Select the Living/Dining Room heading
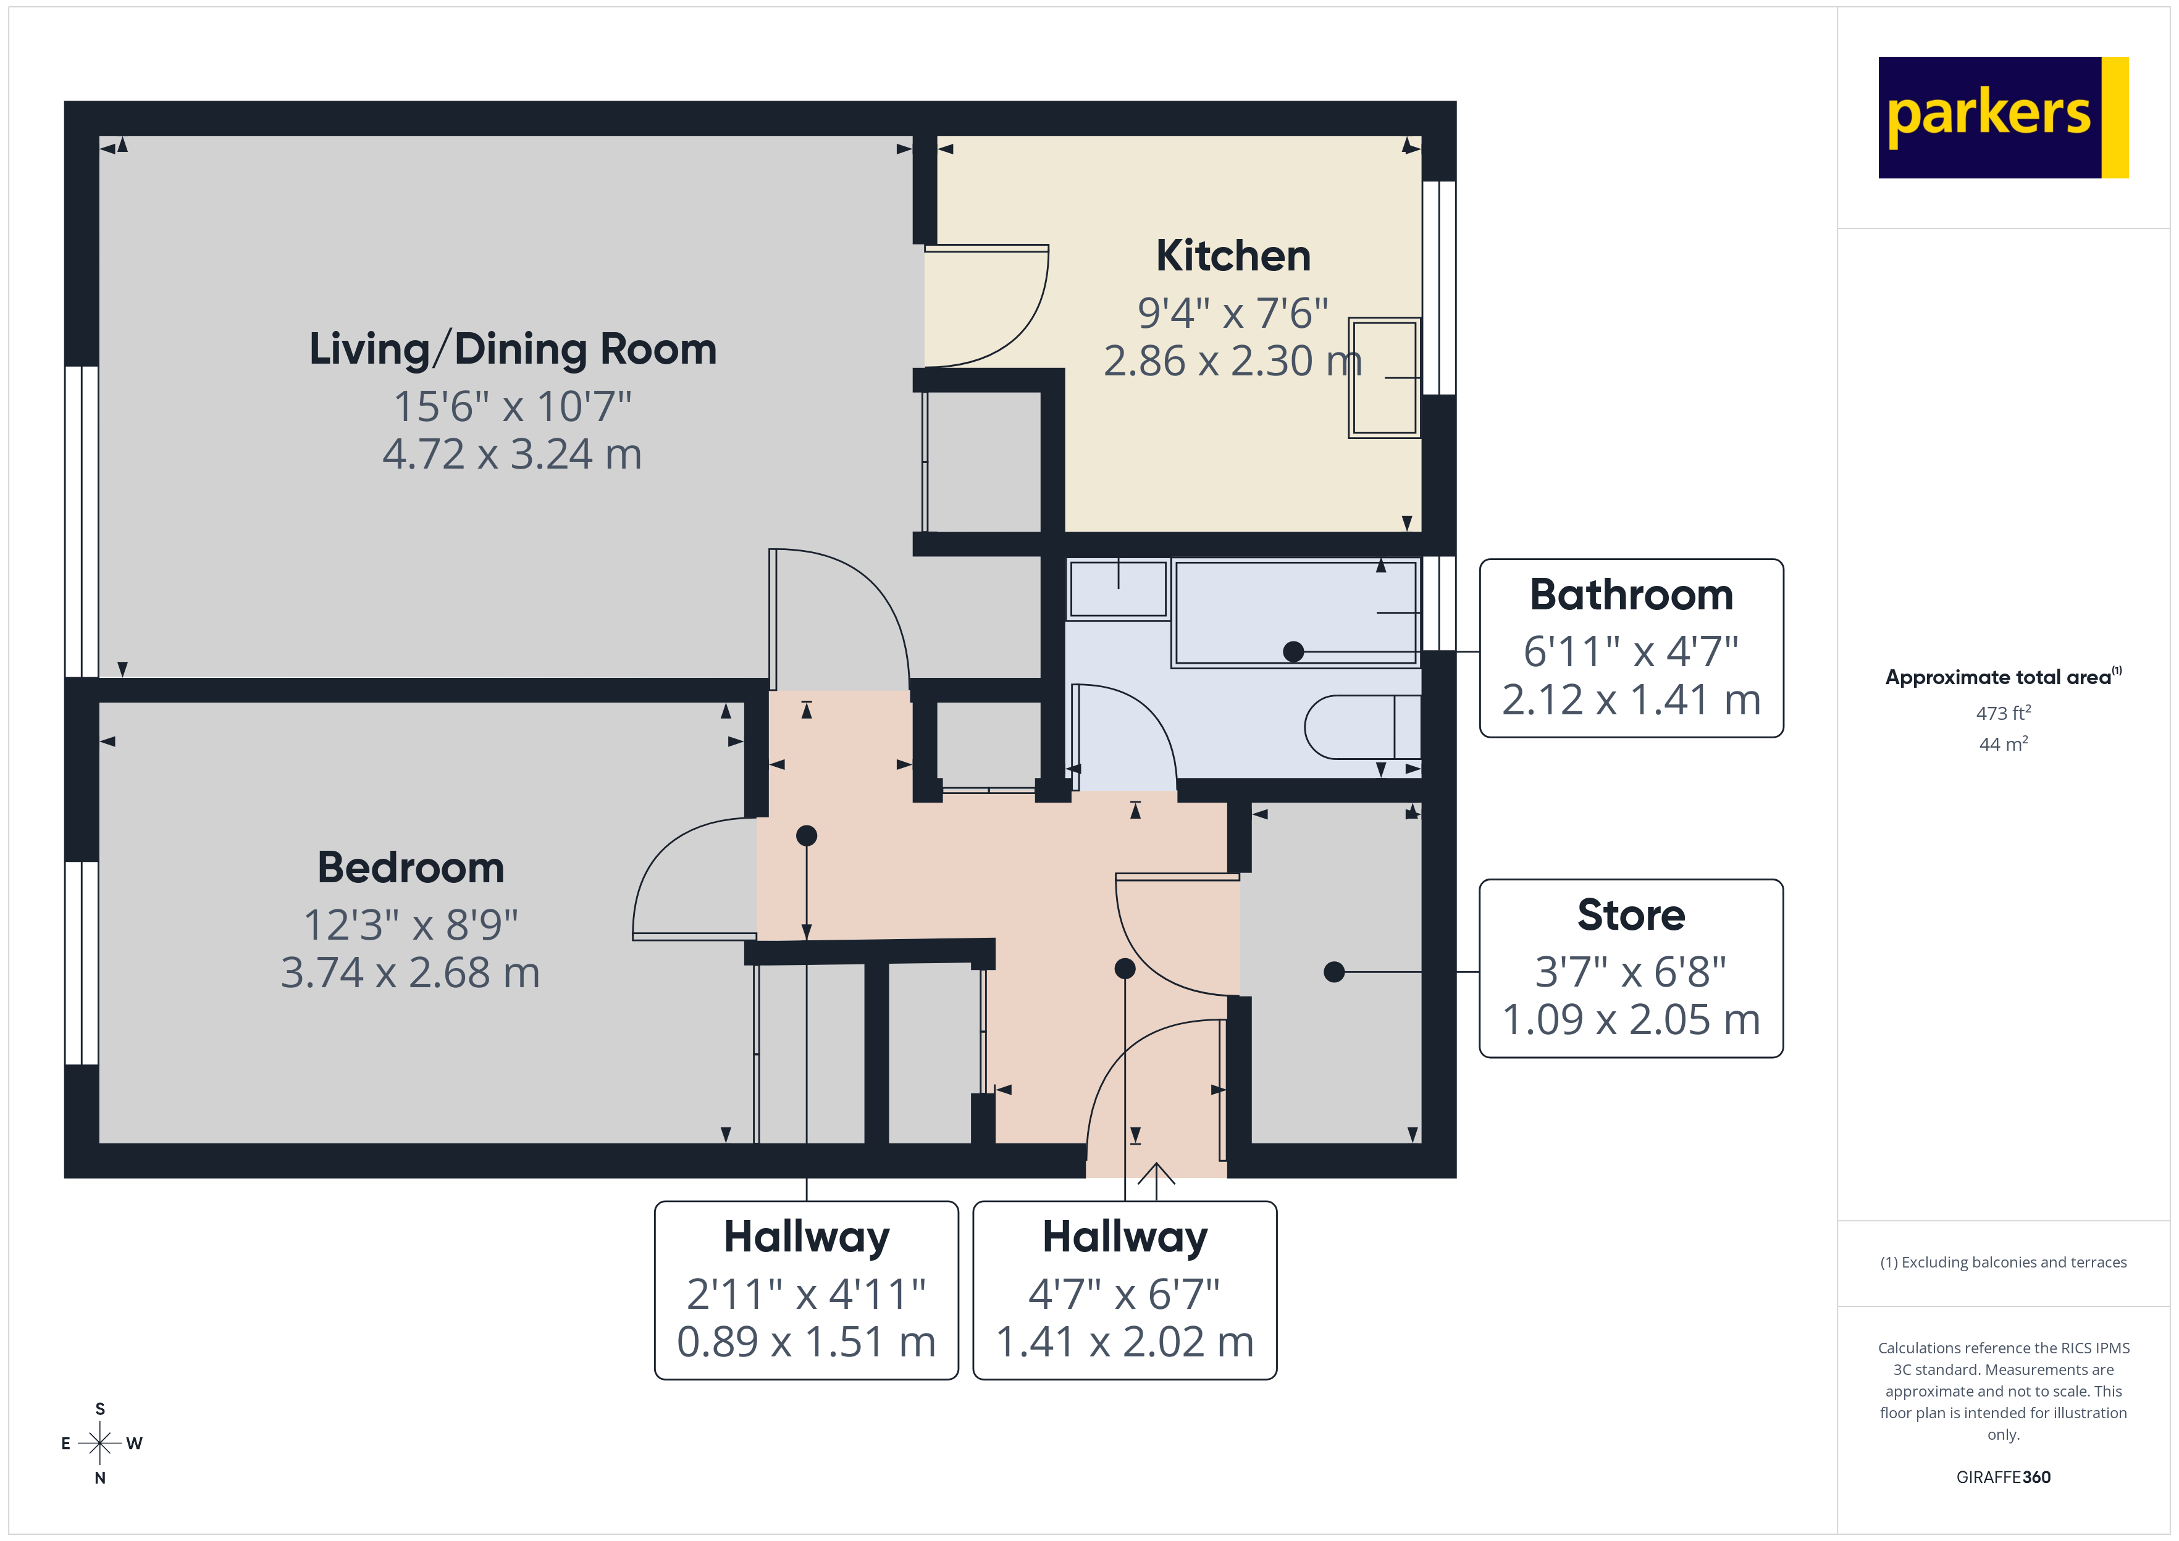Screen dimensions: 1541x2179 (x=513, y=349)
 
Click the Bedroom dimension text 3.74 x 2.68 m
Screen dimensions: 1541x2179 (x=410, y=972)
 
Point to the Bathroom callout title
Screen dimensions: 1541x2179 (x=1631, y=595)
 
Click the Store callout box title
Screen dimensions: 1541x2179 (x=1631, y=915)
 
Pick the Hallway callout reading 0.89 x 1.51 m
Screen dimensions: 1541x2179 (x=806, y=1342)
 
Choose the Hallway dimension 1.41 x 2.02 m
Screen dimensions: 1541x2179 (x=1125, y=1342)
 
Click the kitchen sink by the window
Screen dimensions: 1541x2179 (x=1383, y=378)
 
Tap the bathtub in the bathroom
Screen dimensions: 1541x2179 (x=1295, y=612)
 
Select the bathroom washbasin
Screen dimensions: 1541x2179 (x=1118, y=589)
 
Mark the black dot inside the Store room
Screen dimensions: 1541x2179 (x=1333, y=972)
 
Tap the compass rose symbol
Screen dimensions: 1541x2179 (x=99, y=1443)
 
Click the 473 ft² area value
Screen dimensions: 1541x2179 (x=2002, y=712)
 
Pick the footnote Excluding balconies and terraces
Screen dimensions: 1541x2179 (x=2002, y=1262)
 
